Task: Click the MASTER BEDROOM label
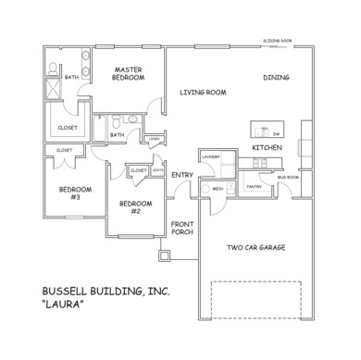pyautogui.click(x=129, y=74)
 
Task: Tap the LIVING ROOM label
pyautogui.click(x=203, y=92)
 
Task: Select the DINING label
pyautogui.click(x=276, y=78)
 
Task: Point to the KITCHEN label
pyautogui.click(x=268, y=148)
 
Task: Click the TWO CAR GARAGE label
pyautogui.click(x=255, y=247)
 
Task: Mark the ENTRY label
pyautogui.click(x=181, y=174)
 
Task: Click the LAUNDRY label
pyautogui.click(x=209, y=157)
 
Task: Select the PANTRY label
pyautogui.click(x=255, y=186)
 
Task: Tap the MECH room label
pyautogui.click(x=218, y=188)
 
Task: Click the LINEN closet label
pyautogui.click(x=154, y=140)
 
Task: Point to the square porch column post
pyautogui.click(x=165, y=255)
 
